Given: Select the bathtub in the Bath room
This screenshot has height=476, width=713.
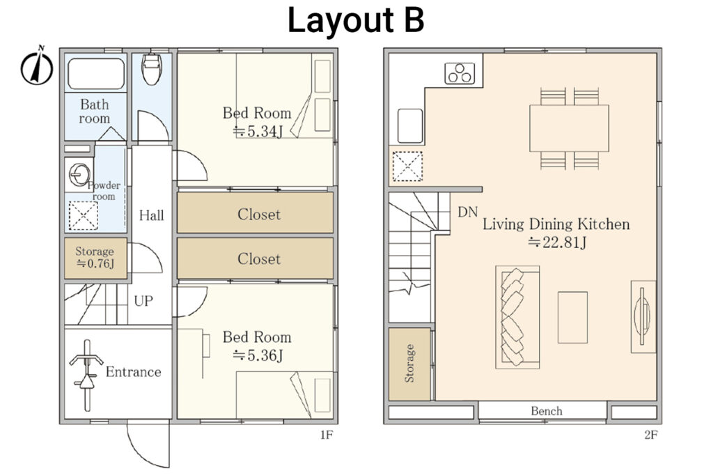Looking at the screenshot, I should (x=96, y=72).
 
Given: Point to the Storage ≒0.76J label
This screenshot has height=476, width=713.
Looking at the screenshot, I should (x=95, y=257).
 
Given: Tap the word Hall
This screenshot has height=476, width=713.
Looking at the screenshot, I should (x=151, y=215).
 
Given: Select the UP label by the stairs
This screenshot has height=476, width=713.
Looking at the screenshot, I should (x=145, y=302).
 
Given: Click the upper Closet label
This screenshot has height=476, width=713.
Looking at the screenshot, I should (x=258, y=214).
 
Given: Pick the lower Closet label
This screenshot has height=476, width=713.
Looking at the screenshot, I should (x=258, y=259).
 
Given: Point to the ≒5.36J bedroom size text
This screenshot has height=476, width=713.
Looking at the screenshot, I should (x=257, y=355).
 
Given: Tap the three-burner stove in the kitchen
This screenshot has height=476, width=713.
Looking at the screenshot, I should (x=460, y=72).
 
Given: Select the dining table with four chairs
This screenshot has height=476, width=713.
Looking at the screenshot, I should (x=568, y=128).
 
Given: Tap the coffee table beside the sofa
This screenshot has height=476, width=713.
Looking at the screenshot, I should (x=572, y=317).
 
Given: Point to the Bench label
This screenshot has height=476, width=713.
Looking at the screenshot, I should (x=546, y=411).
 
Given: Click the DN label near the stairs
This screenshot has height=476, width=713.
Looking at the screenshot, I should (x=467, y=211).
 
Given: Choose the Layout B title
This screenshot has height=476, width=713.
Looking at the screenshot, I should (x=356, y=21).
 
